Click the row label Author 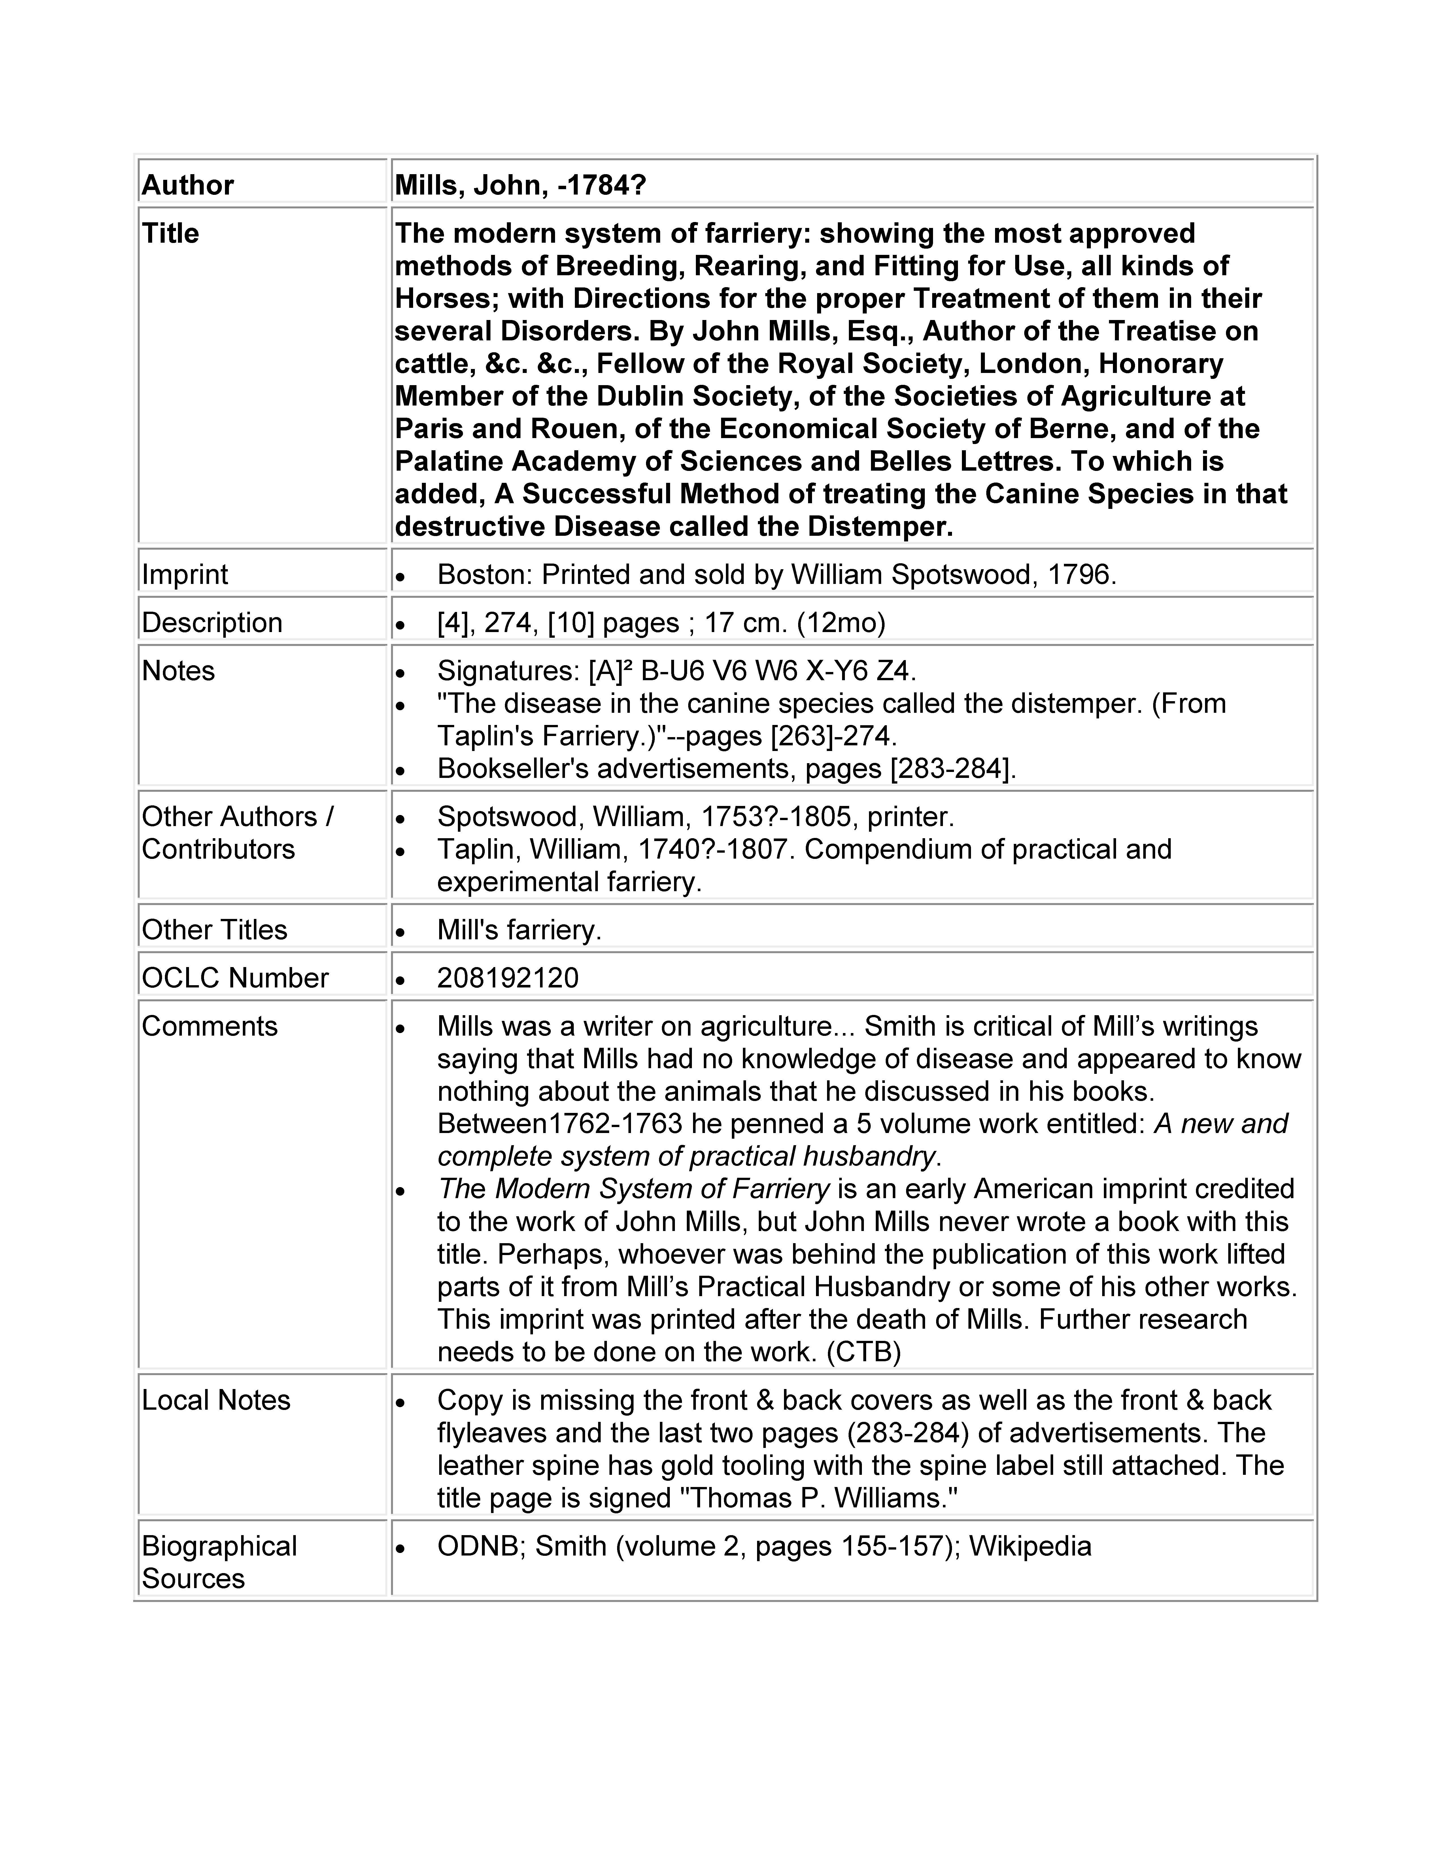coord(188,185)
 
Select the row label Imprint coord(185,574)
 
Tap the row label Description coord(211,622)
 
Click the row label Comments coord(210,1026)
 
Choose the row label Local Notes coord(216,1400)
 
